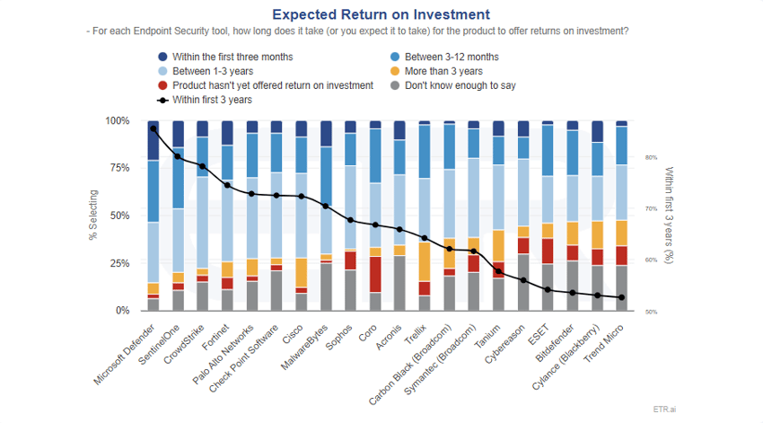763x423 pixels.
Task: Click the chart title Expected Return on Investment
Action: (x=381, y=14)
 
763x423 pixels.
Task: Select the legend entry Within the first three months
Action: (x=232, y=57)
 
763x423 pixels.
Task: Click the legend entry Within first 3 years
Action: (x=211, y=100)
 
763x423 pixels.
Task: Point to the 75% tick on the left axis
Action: (x=118, y=168)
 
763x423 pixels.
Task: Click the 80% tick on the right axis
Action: (x=651, y=157)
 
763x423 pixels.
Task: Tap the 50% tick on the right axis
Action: (x=651, y=312)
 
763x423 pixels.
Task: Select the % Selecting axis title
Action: (x=92, y=216)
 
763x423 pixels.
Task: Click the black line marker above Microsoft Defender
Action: (x=153, y=128)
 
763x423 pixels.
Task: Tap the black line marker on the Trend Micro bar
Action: (x=621, y=297)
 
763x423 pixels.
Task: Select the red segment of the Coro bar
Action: (x=376, y=274)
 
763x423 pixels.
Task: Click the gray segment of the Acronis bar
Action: (x=400, y=283)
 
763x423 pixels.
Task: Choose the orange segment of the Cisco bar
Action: (x=303, y=272)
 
